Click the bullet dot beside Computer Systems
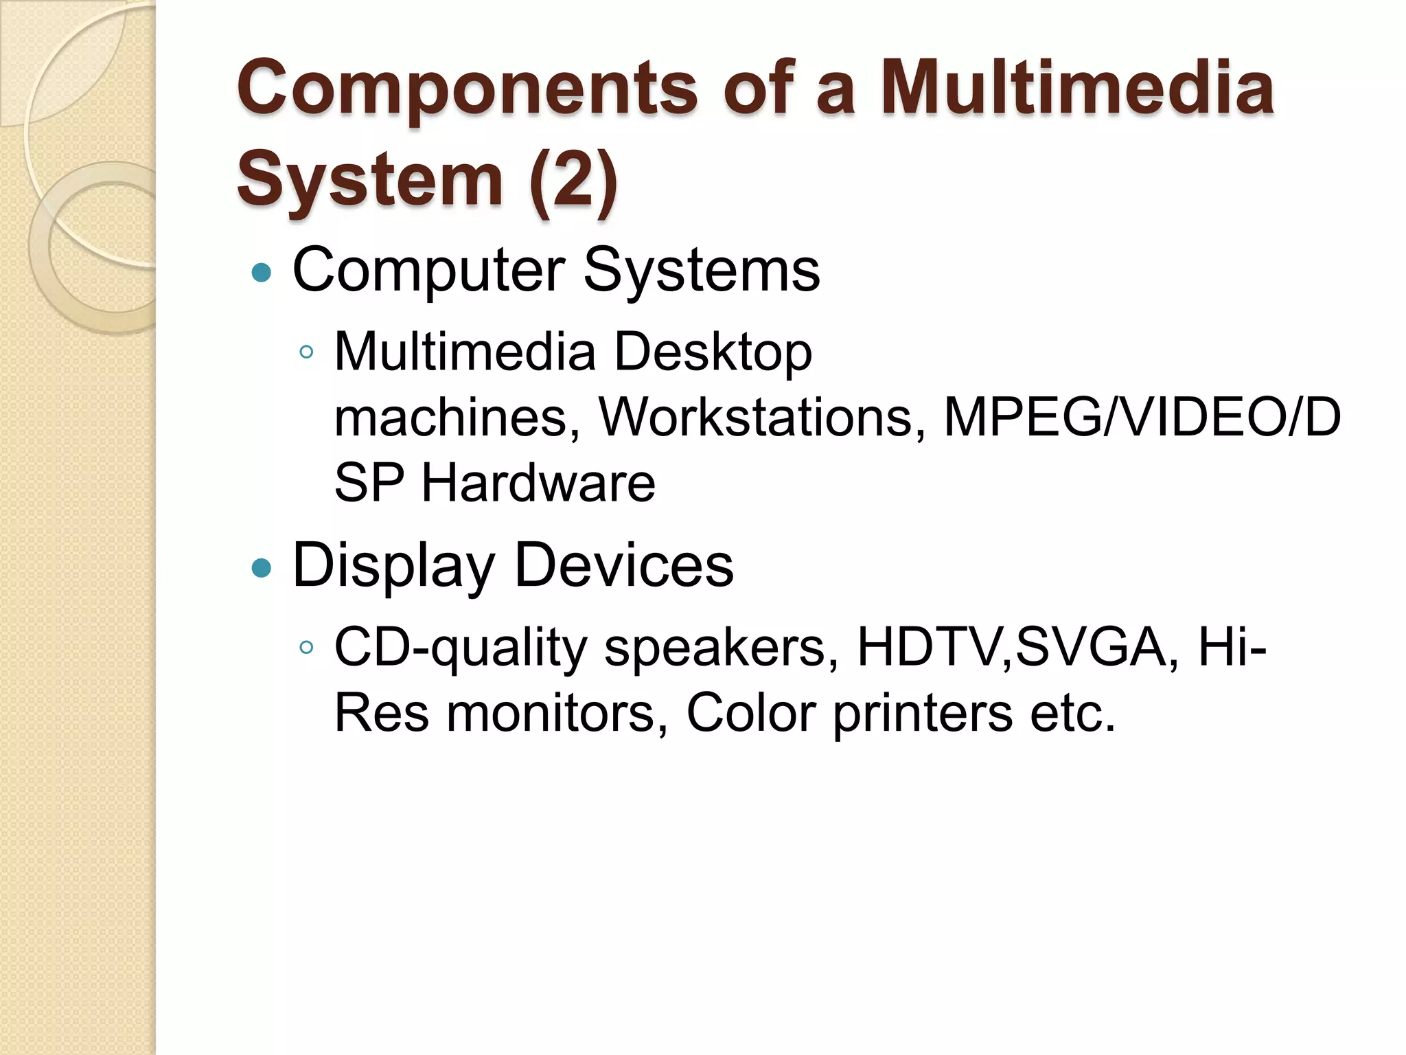point(262,273)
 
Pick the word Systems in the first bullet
point(702,269)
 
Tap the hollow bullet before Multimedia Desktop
point(306,353)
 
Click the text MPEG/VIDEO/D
point(1142,417)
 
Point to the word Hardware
point(538,482)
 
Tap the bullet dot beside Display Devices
point(262,567)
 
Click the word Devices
point(624,565)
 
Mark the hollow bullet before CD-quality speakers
point(306,647)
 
